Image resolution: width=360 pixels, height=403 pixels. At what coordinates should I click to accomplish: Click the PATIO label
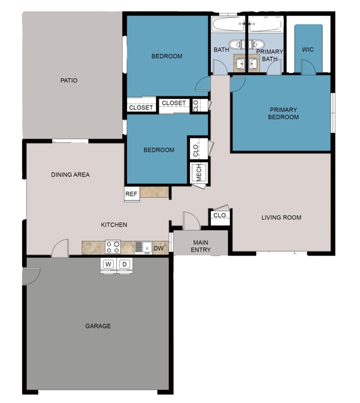(69, 81)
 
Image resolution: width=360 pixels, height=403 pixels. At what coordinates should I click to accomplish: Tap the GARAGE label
(98, 326)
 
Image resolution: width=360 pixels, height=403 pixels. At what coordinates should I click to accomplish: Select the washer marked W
(108, 264)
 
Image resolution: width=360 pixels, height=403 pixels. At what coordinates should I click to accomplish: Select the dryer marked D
(125, 264)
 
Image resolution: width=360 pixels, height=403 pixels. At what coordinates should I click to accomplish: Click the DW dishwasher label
(158, 249)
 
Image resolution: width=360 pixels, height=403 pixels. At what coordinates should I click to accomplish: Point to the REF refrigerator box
(131, 195)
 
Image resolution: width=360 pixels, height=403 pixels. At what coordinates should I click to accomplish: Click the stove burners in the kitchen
(113, 247)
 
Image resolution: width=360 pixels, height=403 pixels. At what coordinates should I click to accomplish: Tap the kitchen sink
(146, 247)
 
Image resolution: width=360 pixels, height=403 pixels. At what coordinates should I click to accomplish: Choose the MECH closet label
(198, 173)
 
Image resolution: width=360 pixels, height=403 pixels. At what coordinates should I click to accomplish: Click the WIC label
(308, 49)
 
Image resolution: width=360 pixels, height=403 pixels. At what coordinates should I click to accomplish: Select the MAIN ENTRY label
(201, 246)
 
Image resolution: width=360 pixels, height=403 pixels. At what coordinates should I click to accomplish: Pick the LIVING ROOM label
(281, 218)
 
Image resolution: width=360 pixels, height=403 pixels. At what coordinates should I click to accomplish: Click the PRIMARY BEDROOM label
(283, 114)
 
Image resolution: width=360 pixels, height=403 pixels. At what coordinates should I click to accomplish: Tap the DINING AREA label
(70, 175)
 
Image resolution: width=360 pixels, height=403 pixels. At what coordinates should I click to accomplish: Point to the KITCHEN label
(114, 225)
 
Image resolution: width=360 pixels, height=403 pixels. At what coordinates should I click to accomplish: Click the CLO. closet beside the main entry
(220, 216)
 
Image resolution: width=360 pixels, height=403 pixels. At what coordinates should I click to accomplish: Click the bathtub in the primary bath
(264, 25)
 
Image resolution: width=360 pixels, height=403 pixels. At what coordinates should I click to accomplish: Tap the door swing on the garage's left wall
(31, 276)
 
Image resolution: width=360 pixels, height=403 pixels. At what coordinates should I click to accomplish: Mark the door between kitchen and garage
(60, 248)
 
